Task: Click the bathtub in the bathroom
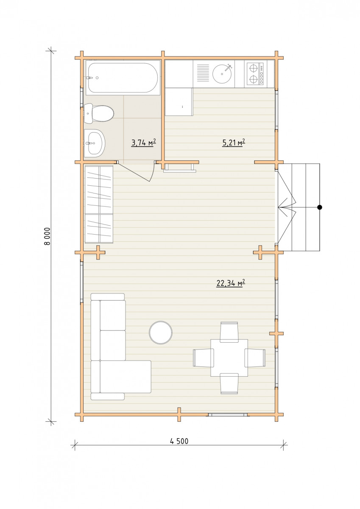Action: pos(122,78)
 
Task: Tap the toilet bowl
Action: pos(99,113)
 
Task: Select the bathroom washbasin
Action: pos(95,143)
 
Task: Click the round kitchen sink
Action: pos(222,73)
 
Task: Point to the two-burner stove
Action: pos(254,74)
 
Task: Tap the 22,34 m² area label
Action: pos(231,283)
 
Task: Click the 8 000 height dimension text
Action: pos(47,236)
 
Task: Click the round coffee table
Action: pos(161,333)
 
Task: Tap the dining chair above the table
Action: pos(229,332)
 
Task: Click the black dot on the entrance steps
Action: pos(320,207)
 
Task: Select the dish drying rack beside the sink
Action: pos(203,73)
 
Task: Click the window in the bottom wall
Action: pos(228,415)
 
